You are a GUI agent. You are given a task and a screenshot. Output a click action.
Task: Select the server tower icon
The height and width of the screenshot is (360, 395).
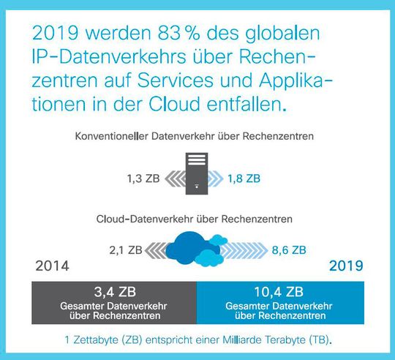point(197,173)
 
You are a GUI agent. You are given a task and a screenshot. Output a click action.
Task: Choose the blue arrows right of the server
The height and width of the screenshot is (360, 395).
point(223,176)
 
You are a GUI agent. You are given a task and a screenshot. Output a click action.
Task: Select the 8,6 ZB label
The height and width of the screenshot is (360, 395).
point(288,250)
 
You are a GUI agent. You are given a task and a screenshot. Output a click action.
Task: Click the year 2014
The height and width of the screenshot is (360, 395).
point(53,266)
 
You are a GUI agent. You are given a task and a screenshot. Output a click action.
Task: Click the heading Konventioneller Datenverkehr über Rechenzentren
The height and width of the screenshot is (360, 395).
point(197,136)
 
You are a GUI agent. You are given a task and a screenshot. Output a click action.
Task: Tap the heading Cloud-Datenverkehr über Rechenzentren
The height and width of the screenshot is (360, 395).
point(197,218)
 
